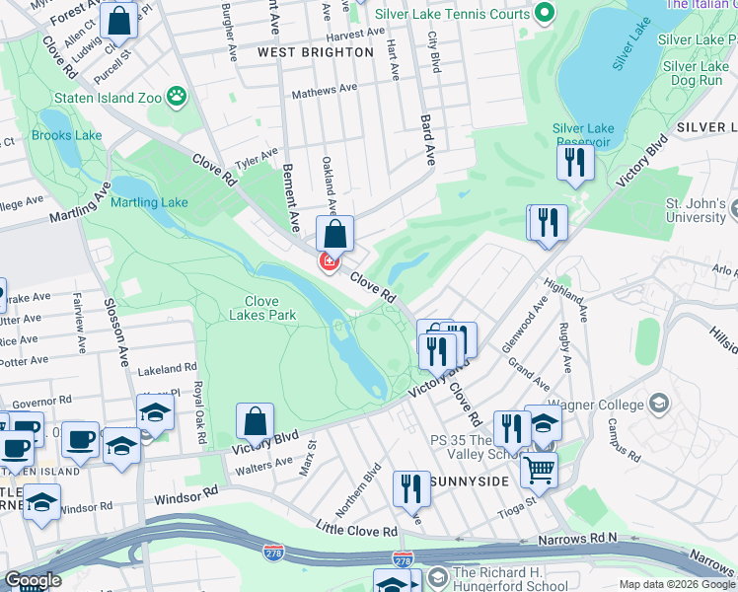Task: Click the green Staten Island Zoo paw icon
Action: [177, 96]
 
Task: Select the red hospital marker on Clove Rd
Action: [329, 261]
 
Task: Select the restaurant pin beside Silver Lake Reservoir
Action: [575, 161]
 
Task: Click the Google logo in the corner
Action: [33, 580]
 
